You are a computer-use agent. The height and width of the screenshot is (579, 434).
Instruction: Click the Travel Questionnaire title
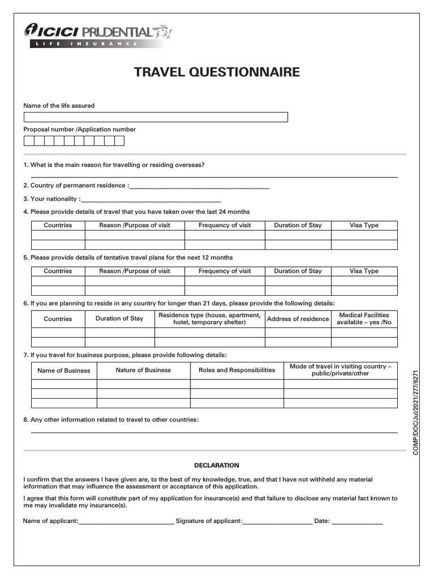(x=216, y=72)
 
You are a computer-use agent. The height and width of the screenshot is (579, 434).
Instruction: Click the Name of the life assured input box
(x=155, y=117)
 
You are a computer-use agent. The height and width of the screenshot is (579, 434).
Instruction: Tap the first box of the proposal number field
(x=28, y=141)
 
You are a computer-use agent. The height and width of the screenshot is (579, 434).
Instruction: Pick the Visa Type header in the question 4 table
(x=364, y=225)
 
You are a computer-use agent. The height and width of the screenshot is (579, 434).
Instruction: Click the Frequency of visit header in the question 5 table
(x=224, y=271)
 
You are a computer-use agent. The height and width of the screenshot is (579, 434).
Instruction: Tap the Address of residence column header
(x=298, y=319)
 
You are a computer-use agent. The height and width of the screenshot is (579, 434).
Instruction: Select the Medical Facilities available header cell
(x=364, y=319)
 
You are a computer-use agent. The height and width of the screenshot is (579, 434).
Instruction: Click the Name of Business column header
(x=64, y=370)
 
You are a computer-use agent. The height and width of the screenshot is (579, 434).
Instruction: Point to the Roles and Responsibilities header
(x=237, y=370)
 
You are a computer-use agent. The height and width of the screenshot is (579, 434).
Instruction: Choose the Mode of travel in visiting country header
(x=340, y=370)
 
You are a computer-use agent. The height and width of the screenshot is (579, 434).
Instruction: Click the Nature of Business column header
(x=143, y=370)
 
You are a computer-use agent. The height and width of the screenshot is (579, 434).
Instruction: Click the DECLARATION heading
(x=216, y=465)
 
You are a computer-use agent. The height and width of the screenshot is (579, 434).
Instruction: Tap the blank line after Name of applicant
(x=126, y=522)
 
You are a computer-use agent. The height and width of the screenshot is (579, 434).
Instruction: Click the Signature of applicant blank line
(x=277, y=522)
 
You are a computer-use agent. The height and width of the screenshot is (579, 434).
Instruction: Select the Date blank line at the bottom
(x=357, y=522)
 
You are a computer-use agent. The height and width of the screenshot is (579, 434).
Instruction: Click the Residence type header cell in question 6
(x=209, y=319)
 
